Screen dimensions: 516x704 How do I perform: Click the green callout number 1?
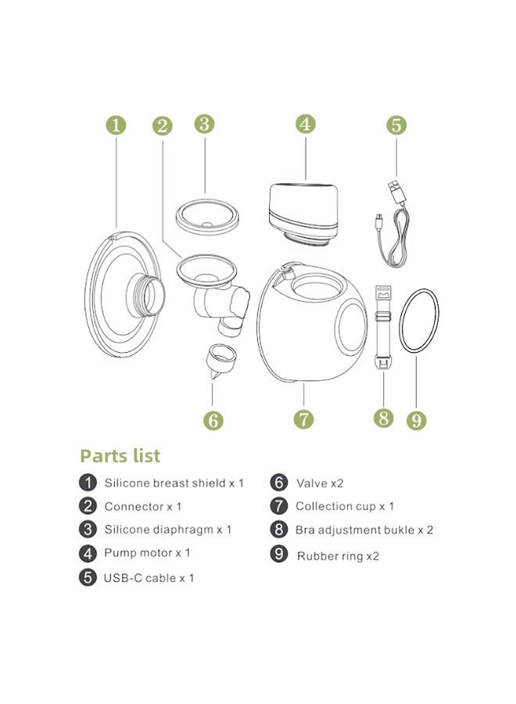(116, 125)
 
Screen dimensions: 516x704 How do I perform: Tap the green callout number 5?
(396, 125)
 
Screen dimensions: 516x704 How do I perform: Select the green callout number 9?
(417, 420)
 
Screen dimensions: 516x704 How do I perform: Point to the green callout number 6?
(213, 420)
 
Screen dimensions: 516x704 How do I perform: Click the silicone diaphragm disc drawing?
(207, 217)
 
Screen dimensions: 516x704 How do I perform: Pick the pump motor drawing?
(303, 214)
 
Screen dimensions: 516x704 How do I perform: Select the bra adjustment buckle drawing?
(383, 325)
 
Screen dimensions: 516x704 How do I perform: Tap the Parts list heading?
(120, 456)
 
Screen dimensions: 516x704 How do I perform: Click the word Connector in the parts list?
(134, 506)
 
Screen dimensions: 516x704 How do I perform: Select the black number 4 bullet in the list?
(88, 553)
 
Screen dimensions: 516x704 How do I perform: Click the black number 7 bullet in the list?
(279, 506)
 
